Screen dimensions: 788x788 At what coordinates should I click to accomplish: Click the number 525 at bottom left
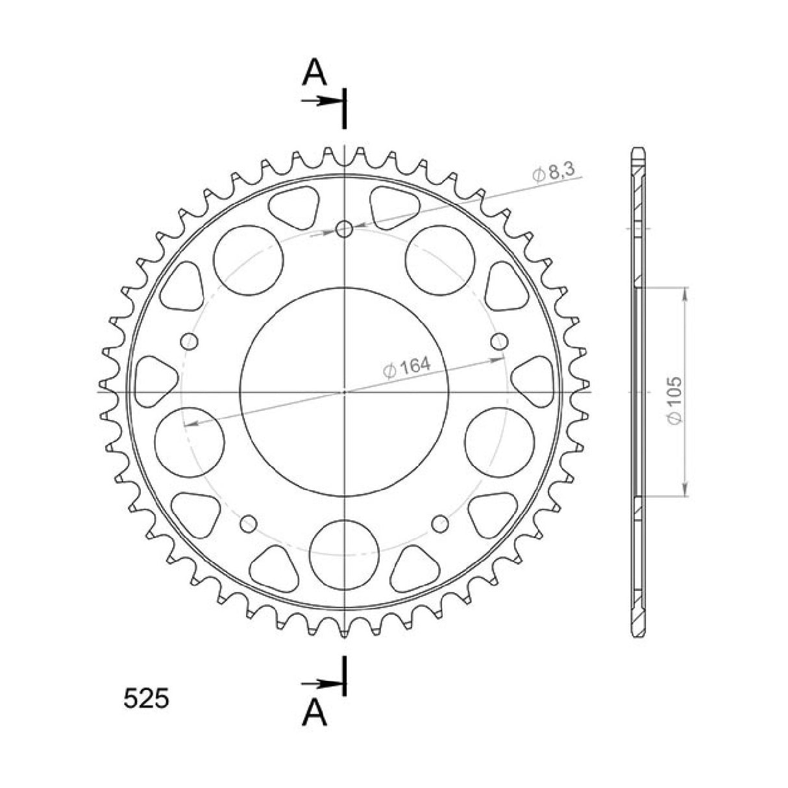point(146,699)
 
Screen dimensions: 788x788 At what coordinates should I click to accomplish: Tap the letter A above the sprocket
point(315,72)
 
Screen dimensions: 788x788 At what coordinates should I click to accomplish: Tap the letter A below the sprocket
point(315,713)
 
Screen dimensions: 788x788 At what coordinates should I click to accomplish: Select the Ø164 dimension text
point(407,368)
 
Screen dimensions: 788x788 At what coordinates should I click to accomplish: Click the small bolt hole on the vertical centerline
point(345,228)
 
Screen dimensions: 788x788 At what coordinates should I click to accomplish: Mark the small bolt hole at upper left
point(190,341)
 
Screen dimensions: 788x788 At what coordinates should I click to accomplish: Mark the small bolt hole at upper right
point(500,341)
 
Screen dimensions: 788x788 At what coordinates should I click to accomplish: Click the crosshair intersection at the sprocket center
point(345,392)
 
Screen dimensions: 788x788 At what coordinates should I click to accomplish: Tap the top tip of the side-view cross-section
point(639,149)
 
